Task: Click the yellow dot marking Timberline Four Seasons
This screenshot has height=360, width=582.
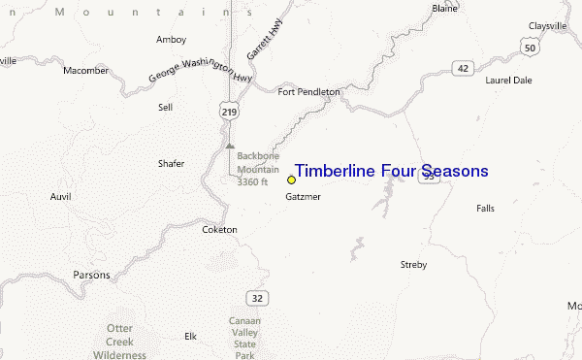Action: (x=291, y=180)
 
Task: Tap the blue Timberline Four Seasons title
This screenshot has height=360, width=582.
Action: (x=391, y=172)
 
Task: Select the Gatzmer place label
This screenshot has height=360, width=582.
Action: (x=303, y=197)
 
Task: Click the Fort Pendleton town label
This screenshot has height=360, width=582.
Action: (x=308, y=92)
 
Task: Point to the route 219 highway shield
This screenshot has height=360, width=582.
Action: (x=229, y=113)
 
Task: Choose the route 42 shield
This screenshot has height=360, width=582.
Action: (x=464, y=68)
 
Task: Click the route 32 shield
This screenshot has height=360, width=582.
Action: (x=256, y=297)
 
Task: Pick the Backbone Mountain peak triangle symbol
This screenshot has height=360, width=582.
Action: (x=230, y=146)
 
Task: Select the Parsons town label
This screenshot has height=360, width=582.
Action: (x=91, y=275)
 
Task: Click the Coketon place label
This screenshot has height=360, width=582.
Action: (x=219, y=230)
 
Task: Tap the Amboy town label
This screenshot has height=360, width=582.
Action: (x=171, y=40)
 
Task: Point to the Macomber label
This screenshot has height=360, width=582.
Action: (x=86, y=71)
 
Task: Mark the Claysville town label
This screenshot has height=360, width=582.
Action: (x=547, y=25)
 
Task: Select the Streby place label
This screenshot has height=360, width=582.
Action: (x=413, y=264)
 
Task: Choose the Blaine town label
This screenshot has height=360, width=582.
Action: (x=444, y=8)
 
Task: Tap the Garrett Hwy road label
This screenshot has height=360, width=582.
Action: (x=259, y=41)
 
